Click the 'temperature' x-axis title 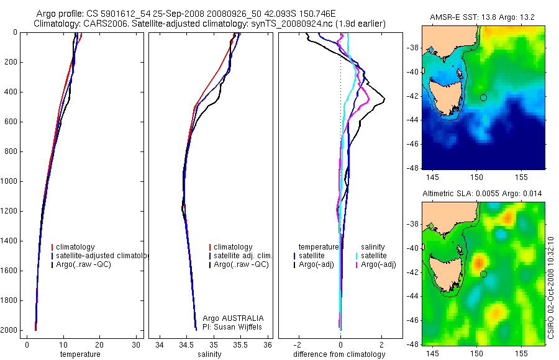80,354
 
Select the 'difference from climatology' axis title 339,354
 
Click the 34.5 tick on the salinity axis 186,344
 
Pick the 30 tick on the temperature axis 136,344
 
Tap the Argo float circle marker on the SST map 483,97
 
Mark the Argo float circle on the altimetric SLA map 483,274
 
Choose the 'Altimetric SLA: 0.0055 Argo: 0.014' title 482,194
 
